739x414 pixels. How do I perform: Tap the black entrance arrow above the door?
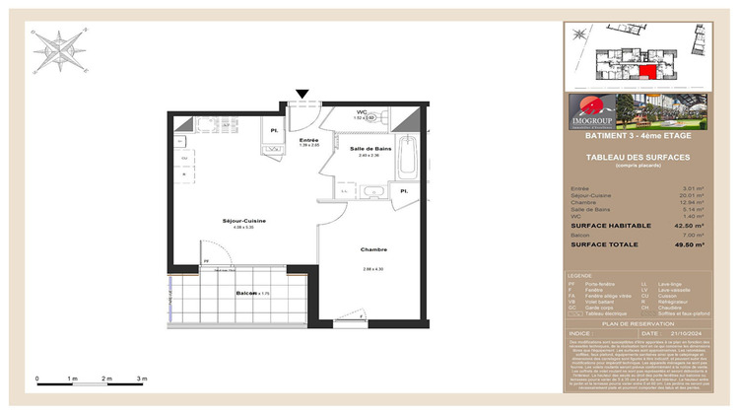pos(302,95)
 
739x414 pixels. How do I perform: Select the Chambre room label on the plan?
pos(372,249)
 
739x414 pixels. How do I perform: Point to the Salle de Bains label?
pos(369,149)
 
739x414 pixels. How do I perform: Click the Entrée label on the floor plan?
pos(308,140)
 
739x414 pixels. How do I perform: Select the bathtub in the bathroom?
pos(411,158)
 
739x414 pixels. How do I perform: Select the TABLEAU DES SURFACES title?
pos(638,158)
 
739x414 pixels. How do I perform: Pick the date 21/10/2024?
pos(681,333)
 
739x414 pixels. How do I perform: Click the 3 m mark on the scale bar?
pos(142,379)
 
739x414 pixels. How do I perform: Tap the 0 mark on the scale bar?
pos(36,379)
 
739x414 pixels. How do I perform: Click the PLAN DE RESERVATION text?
pos(638,323)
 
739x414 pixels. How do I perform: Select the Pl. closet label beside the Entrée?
pos(274,129)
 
